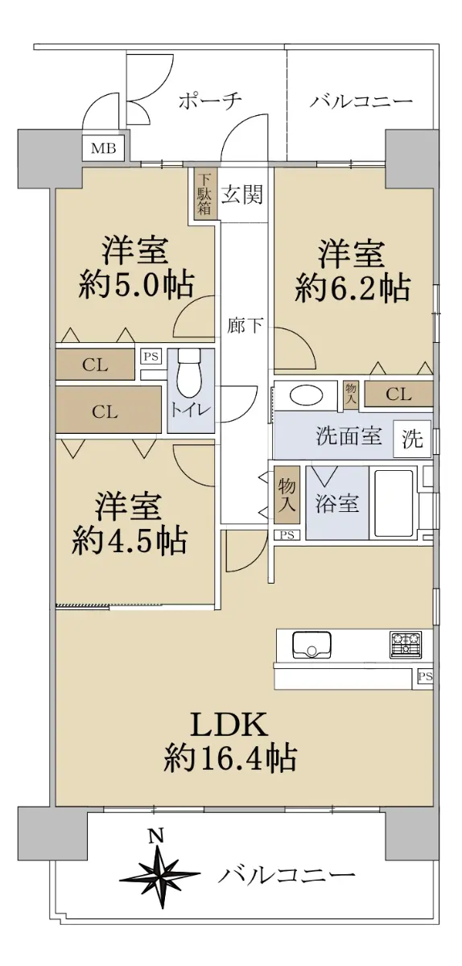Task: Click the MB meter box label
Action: (104, 149)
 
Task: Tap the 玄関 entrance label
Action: (241, 195)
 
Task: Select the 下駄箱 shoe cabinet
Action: (205, 195)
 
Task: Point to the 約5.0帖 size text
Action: (135, 285)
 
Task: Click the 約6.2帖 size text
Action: (352, 287)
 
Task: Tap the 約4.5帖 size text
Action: (130, 541)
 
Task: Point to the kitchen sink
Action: (311, 645)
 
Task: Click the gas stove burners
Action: (406, 645)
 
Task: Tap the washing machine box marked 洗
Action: (412, 439)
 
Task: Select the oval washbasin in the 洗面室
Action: (306, 395)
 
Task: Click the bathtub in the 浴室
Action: (394, 502)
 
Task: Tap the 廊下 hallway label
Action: (245, 325)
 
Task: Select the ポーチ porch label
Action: (209, 101)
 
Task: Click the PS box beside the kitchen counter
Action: (424, 677)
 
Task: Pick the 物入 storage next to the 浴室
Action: (287, 494)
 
